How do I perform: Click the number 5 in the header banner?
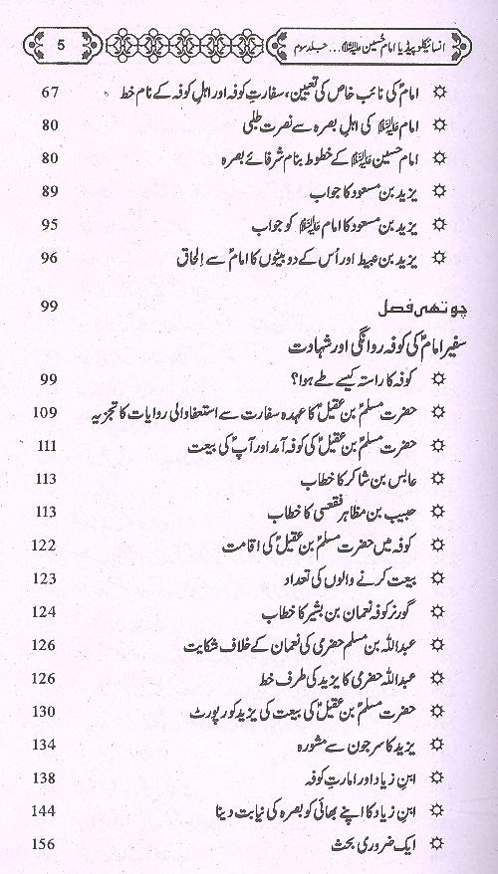click(x=62, y=44)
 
